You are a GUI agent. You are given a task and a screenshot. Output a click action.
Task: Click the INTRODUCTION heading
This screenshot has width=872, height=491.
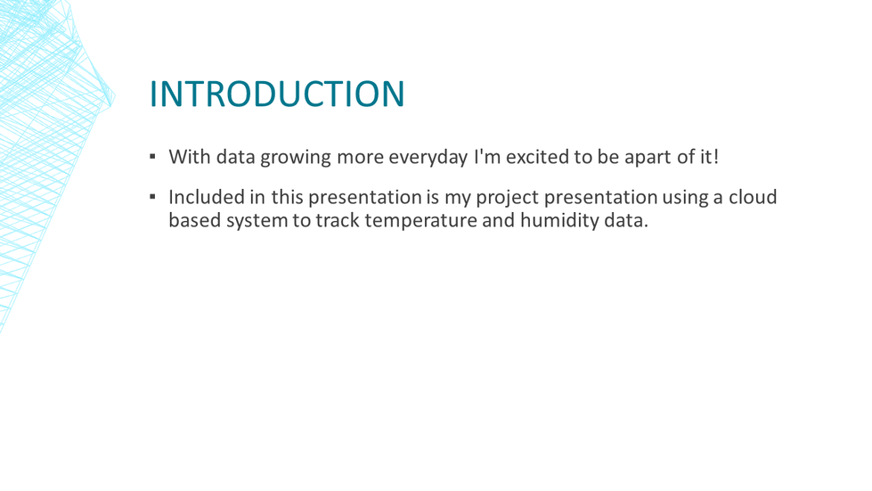[277, 94]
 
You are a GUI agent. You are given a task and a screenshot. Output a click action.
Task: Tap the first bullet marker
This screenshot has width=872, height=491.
[152, 157]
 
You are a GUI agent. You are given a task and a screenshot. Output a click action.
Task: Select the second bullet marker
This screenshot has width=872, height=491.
[152, 197]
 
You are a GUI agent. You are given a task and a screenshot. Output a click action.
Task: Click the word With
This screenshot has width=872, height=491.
[190, 157]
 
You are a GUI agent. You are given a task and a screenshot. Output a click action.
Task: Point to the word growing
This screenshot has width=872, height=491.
[296, 158]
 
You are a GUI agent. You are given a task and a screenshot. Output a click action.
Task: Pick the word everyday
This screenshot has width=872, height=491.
[428, 158]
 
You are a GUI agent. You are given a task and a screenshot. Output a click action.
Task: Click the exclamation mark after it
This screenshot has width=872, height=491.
[716, 157]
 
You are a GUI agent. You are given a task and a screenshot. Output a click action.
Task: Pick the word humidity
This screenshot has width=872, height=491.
[558, 221]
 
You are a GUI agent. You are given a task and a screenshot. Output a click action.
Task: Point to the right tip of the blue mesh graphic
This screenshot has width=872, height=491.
[115, 97]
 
